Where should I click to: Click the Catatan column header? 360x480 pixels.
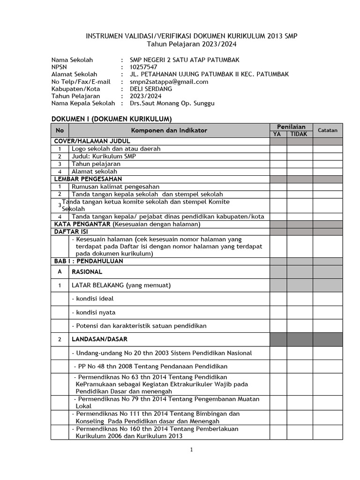coord(328,130)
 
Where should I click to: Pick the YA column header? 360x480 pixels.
coord(278,134)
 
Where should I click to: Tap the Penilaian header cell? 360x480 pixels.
coord(291,127)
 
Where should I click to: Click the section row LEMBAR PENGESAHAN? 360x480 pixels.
coord(88,179)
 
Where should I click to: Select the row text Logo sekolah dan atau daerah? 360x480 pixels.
coord(116,149)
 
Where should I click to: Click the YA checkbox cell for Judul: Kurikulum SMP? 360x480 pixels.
coord(278,156)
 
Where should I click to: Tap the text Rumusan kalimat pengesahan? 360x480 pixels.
coord(115,187)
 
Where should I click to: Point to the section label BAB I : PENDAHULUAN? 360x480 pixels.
coord(89,261)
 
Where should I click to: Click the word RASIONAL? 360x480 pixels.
coord(87,271)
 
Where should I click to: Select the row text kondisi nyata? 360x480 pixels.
coord(93,312)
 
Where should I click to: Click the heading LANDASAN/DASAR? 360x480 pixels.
coord(99,339)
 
